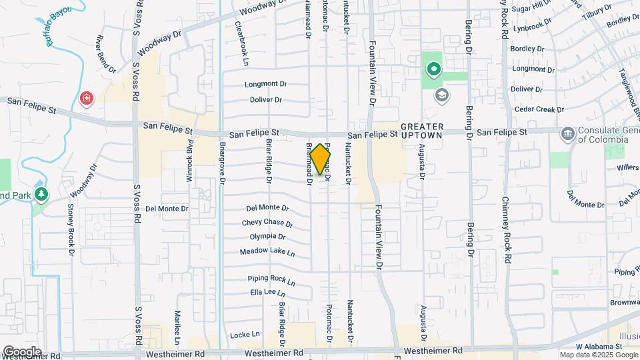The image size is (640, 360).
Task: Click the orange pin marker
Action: (320, 159)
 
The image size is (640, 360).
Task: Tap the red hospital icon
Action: (86, 99)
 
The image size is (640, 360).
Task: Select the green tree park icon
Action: (42, 194)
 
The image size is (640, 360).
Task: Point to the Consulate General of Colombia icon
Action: (567, 133)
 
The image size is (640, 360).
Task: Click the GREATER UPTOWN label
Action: (421, 131)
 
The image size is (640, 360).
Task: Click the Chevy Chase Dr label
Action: (267, 223)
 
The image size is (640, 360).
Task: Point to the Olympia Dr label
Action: (267, 237)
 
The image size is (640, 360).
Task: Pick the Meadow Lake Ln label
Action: (267, 252)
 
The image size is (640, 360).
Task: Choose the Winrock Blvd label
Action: (190, 154)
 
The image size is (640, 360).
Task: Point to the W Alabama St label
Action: (599, 347)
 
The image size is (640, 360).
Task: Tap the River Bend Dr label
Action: (107, 55)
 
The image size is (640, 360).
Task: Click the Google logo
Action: (22, 351)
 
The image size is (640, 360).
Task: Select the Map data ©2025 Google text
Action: (598, 355)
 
